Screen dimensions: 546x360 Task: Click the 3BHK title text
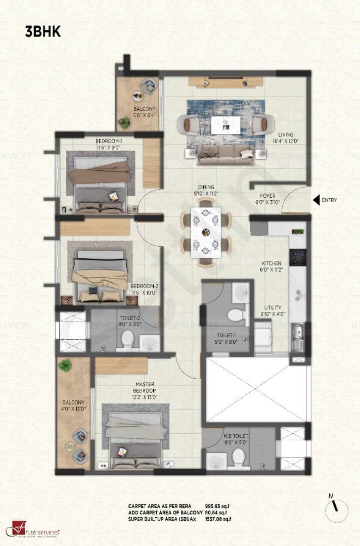[43, 32]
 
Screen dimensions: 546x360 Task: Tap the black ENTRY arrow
[318, 200]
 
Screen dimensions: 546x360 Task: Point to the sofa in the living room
[226, 154]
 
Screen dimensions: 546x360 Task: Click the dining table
[206, 232]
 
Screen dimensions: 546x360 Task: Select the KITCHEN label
[271, 266]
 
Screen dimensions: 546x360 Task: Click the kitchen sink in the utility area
[297, 333]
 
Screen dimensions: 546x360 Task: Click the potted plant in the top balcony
[124, 122]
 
